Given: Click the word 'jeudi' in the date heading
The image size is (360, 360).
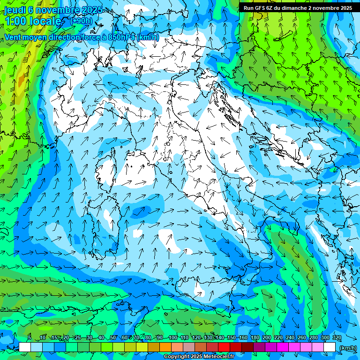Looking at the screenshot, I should pos(14,10).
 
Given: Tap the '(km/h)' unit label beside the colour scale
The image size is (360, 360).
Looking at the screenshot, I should pos(347,348).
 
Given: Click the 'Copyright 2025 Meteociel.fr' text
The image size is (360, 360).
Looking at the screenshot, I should pos(199,357).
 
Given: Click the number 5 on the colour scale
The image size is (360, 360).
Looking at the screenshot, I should pos(30,337).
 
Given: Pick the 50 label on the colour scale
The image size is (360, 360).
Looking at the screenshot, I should pos(113,337).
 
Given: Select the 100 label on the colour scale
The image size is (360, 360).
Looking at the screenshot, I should pos(172,337).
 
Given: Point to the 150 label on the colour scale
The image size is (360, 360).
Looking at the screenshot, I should pos(232,337).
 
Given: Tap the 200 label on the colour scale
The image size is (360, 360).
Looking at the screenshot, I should pos(267,337).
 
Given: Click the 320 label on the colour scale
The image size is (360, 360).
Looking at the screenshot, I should pos(337,337).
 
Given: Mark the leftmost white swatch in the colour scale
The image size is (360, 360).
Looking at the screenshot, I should pos(25,347).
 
